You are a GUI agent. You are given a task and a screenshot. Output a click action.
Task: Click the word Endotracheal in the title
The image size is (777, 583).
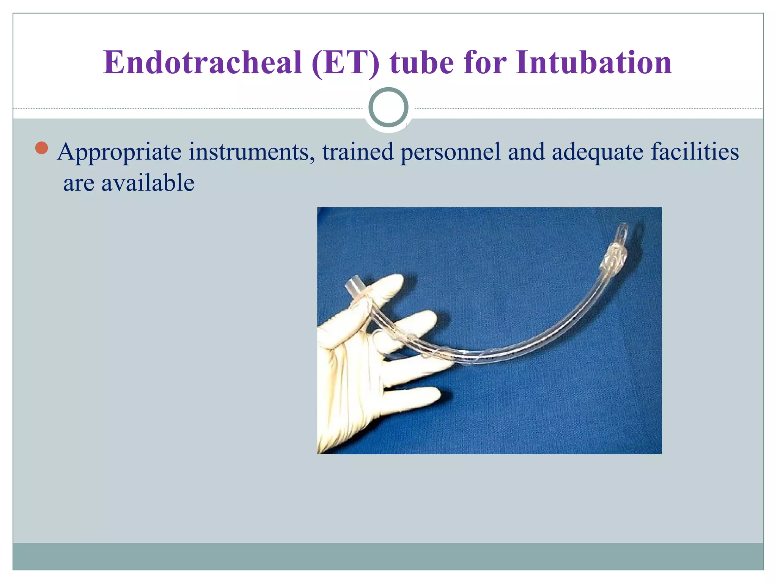[203, 63]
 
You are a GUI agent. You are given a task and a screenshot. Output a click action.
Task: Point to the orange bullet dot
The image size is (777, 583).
[41, 148]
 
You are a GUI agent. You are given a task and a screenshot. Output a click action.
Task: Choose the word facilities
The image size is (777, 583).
[695, 152]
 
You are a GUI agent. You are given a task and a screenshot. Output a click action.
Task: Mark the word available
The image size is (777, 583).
[148, 183]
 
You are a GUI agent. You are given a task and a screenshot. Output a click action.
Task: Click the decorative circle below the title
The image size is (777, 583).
[388, 107]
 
